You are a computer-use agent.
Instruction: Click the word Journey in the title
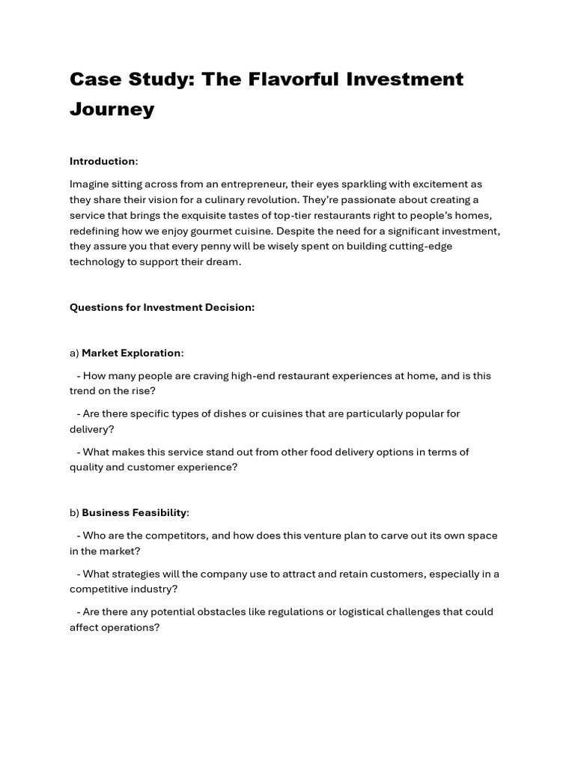click(112, 109)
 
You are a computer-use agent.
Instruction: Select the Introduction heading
click(103, 161)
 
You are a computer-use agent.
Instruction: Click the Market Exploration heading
click(131, 353)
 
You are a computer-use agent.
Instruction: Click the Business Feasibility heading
click(134, 513)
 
